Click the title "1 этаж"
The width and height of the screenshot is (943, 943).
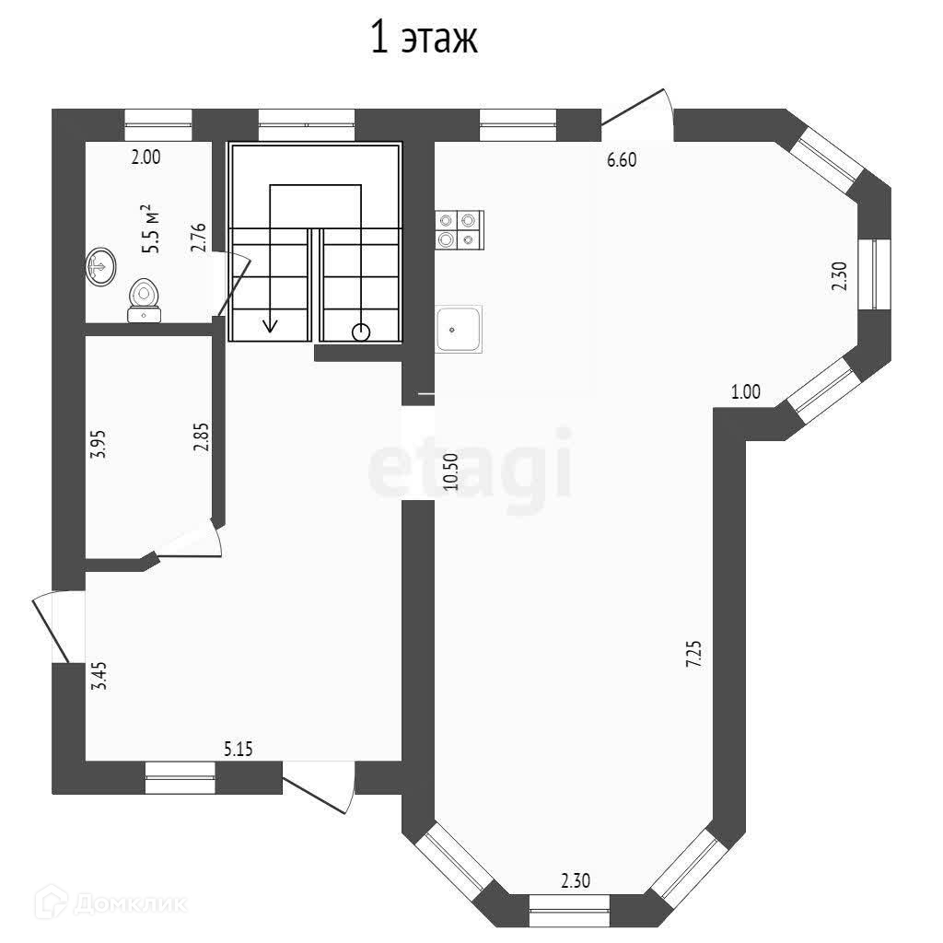pos(424,37)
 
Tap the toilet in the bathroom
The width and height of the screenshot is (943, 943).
pos(145,300)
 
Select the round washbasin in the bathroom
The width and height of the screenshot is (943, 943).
pos(101,266)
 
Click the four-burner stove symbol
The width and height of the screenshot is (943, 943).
pos(460,229)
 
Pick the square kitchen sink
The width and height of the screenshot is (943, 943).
pos(459,329)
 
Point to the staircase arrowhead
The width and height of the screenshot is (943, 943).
pos(271,325)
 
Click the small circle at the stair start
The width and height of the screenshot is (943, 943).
pos(361,332)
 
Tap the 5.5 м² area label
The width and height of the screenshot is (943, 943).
pos(151,229)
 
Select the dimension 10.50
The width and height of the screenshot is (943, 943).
pos(451,471)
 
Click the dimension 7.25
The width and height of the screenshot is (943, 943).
pos(694,654)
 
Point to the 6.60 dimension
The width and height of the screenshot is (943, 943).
pos(622,160)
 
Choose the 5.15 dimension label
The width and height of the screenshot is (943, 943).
pos(239,749)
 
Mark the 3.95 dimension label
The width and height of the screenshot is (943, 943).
pos(98,444)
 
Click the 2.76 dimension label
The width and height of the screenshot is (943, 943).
pos(199,238)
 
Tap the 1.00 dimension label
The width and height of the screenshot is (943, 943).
pos(746,391)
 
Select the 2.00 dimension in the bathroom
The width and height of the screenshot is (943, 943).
pos(146,157)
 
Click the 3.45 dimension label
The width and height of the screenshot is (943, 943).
pos(99,675)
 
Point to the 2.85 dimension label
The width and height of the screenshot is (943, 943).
pos(202,437)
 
